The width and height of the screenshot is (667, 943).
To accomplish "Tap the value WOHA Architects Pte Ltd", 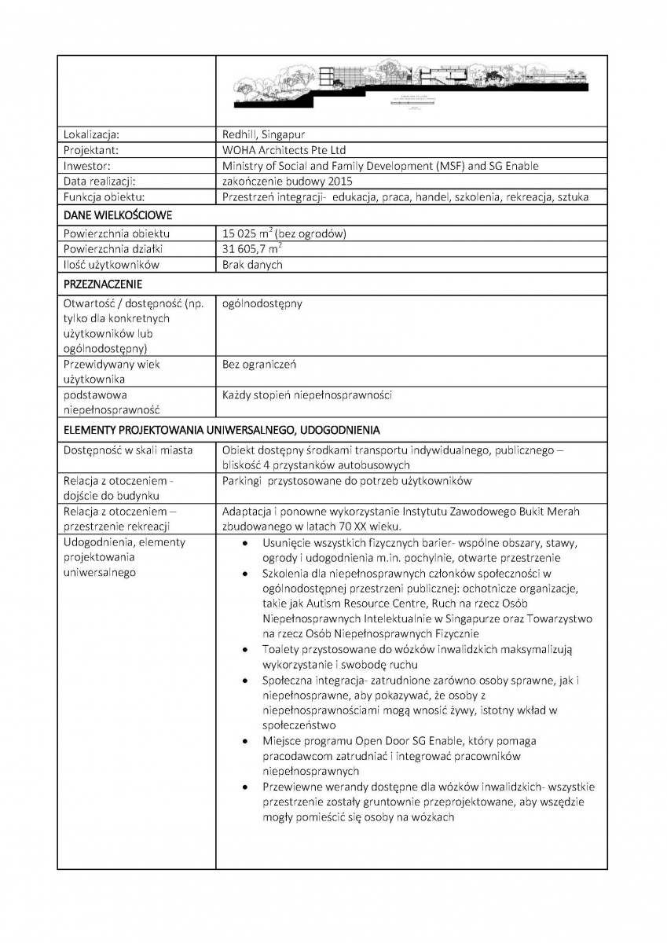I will pyautogui.click(x=284, y=150).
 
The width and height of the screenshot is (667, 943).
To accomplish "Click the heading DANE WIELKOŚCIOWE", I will pyautogui.click(x=118, y=215).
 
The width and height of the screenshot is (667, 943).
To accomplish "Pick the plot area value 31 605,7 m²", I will pyautogui.click(x=251, y=249).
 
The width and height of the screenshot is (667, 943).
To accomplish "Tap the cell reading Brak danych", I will pyautogui.click(x=252, y=265).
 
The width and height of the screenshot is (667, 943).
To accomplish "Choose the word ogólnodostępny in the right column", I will pyautogui.click(x=262, y=303).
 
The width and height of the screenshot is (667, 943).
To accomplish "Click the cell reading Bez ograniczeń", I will pyautogui.click(x=259, y=365).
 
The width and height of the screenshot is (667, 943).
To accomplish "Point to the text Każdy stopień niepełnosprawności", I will pyautogui.click(x=307, y=395).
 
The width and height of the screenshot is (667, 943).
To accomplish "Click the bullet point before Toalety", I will pyautogui.click(x=247, y=650).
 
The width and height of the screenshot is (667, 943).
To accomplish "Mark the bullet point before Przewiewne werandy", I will pyautogui.click(x=247, y=787).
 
